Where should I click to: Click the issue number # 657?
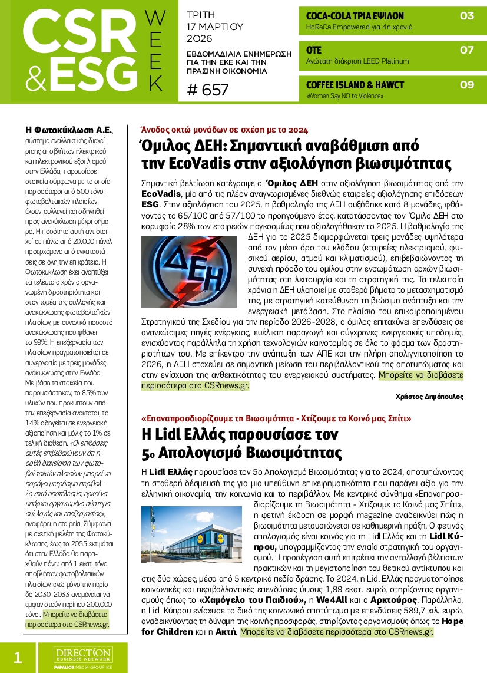pyautogui.click(x=208, y=90)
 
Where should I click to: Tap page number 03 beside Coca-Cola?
pyautogui.click(x=466, y=16)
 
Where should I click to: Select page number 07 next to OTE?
pyautogui.click(x=466, y=50)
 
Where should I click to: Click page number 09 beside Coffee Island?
pyautogui.click(x=466, y=84)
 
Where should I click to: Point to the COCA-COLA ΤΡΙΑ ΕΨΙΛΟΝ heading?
pyautogui.click(x=346, y=16)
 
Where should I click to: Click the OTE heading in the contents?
pyautogui.click(x=314, y=50)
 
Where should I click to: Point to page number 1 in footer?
pyautogui.click(x=18, y=657)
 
